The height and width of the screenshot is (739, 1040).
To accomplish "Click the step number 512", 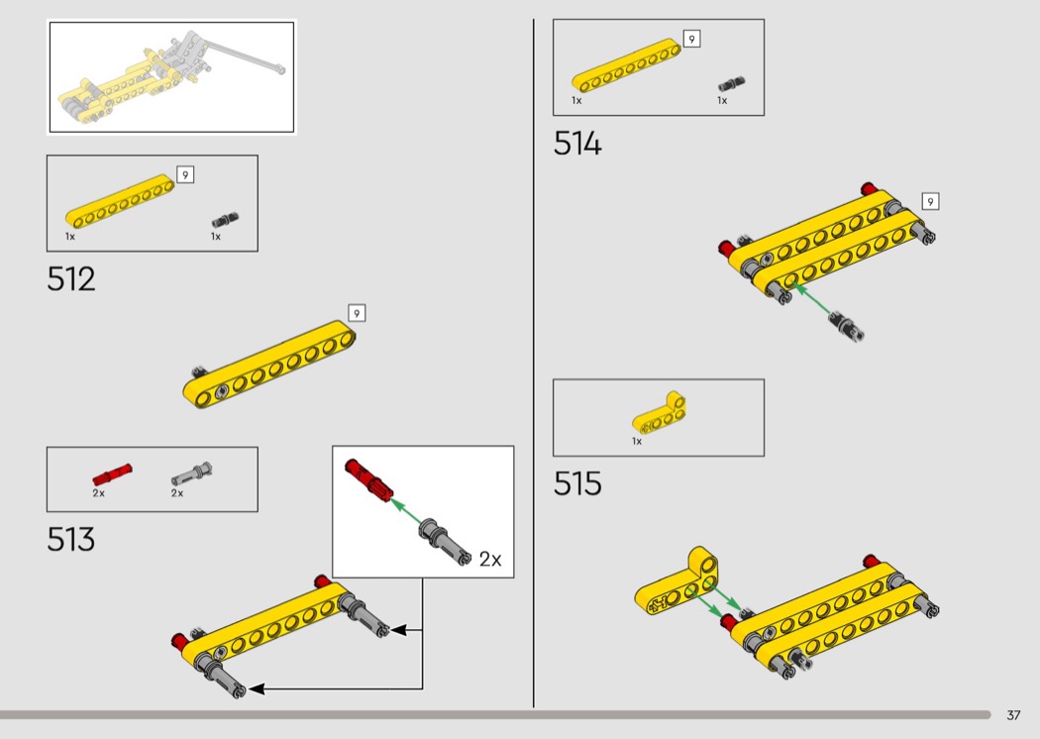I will (71, 279).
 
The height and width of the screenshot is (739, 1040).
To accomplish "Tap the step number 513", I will (71, 540).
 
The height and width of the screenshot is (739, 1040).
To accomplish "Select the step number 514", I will (577, 145).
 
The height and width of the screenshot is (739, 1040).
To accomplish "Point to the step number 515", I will (577, 484).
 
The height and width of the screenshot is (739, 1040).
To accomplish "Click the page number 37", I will (1013, 715).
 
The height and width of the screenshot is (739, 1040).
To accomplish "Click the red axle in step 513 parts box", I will (112, 474).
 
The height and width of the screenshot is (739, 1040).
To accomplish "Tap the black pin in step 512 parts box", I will (227, 219).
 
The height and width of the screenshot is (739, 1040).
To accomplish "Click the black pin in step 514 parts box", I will (732, 84).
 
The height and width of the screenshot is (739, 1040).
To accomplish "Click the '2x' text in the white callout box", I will (490, 560).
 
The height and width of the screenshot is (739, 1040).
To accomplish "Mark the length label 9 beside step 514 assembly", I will (929, 201).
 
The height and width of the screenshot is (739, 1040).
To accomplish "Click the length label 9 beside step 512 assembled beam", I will (357, 313).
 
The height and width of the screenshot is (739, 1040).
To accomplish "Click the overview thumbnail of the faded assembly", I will (171, 76).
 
